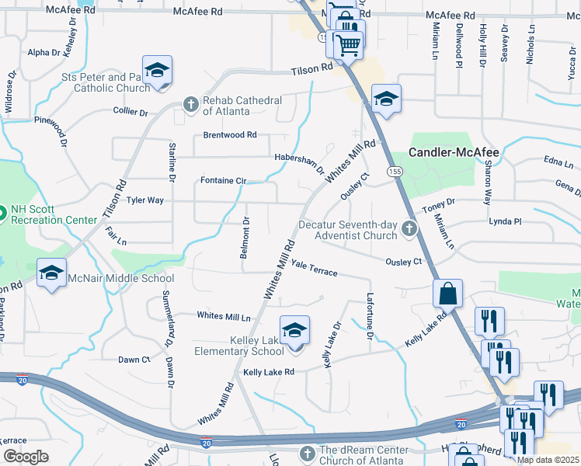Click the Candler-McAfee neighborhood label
pos(454,151)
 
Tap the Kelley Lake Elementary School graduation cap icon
pos(294,331)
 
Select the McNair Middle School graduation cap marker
pos(51,273)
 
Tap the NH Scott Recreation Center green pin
pos(2,211)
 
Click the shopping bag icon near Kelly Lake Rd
pos(448,294)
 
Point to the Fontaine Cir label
pos(223,180)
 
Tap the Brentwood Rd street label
pos(229,135)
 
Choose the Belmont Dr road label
pos(245,237)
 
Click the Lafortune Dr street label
pos(369,315)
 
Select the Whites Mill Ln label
pos(224,316)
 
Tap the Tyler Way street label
pos(145,200)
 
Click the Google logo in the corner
pos(26,457)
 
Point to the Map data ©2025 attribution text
pos(548,460)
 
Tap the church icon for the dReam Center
pos(307,453)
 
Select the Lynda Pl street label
pos(505,221)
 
